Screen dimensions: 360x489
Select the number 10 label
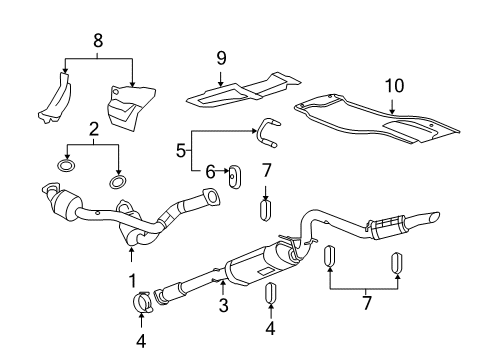pos(392,84)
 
